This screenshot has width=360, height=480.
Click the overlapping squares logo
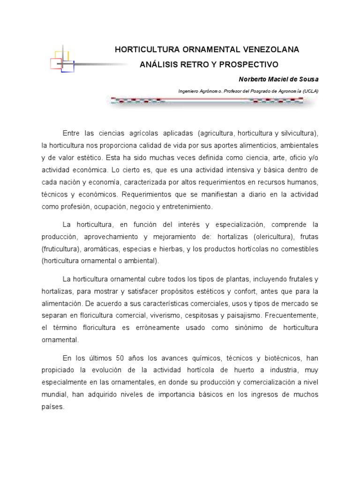(62, 60)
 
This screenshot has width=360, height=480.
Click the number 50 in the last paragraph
(124, 358)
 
